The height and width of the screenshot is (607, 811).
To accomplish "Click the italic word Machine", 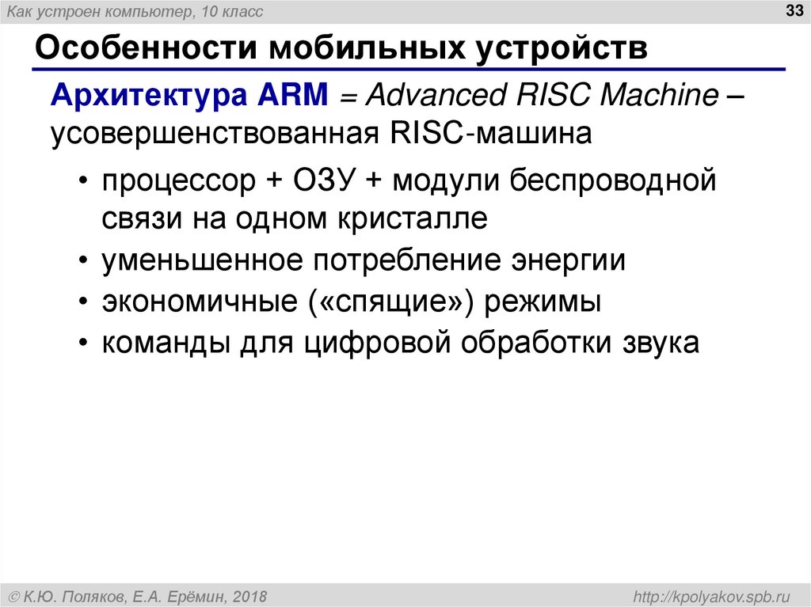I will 659,95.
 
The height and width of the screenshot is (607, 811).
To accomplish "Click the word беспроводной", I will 613,181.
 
